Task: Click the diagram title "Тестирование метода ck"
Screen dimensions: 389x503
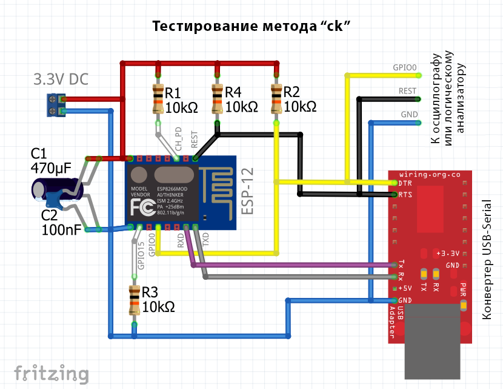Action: click(x=252, y=26)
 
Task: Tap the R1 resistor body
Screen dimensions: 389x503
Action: click(x=158, y=99)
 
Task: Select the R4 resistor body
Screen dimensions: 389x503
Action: click(x=217, y=99)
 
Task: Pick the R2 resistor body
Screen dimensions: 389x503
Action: click(x=276, y=99)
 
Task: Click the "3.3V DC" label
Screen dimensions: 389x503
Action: click(x=61, y=79)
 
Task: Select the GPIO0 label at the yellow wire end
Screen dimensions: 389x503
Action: click(x=405, y=68)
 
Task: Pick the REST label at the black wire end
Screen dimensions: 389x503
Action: click(x=407, y=90)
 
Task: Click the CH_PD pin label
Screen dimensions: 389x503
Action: click(x=179, y=139)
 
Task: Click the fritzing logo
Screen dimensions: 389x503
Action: click(x=52, y=373)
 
